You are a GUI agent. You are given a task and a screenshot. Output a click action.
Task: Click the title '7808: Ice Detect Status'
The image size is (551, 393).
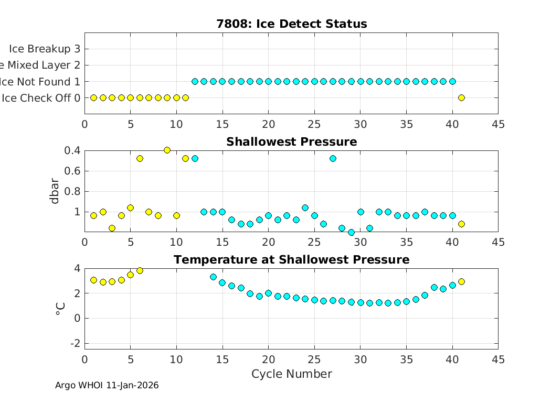click(291, 24)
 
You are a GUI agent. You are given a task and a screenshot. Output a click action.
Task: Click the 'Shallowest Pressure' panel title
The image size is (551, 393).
click(291, 142)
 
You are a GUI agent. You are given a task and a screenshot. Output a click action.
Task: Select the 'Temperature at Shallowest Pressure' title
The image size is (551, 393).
click(291, 260)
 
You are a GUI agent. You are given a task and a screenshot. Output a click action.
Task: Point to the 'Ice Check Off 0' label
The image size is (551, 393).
click(41, 98)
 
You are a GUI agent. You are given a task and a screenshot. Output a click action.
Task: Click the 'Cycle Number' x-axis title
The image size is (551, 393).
click(291, 374)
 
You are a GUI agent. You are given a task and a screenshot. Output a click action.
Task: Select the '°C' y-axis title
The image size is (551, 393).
click(60, 309)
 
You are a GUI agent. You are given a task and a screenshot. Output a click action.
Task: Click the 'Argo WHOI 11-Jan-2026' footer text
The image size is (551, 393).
click(107, 386)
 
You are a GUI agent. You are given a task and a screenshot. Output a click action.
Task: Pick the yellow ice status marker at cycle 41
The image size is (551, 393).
click(461, 97)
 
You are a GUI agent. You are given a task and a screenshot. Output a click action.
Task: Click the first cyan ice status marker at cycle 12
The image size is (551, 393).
click(195, 81)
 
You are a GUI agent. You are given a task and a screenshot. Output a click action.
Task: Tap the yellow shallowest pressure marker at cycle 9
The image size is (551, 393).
click(167, 150)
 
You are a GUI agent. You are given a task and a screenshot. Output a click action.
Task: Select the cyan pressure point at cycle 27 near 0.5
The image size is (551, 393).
click(333, 158)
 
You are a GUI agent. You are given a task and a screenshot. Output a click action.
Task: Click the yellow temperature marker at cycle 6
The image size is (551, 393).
click(140, 270)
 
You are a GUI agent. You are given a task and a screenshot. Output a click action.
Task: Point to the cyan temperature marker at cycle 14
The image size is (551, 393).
click(213, 277)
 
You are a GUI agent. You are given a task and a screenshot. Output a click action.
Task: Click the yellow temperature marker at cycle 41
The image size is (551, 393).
click(461, 281)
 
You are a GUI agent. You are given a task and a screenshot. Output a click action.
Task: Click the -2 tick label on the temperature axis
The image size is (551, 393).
click(75, 343)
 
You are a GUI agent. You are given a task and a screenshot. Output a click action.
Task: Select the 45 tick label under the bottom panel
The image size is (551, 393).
click(498, 359)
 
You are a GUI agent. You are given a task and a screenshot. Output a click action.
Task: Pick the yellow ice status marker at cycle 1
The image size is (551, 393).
click(94, 97)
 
